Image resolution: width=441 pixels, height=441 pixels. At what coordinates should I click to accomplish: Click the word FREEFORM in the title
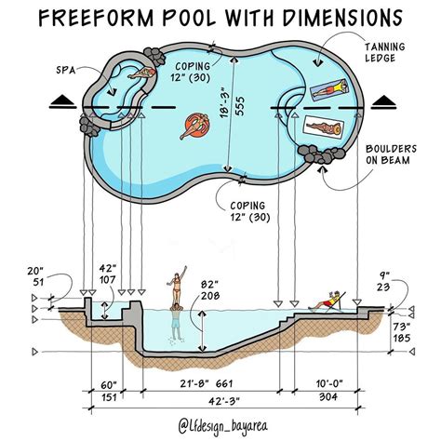point(103,18)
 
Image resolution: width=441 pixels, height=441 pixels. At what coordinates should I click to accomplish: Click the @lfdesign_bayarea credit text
point(220,424)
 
